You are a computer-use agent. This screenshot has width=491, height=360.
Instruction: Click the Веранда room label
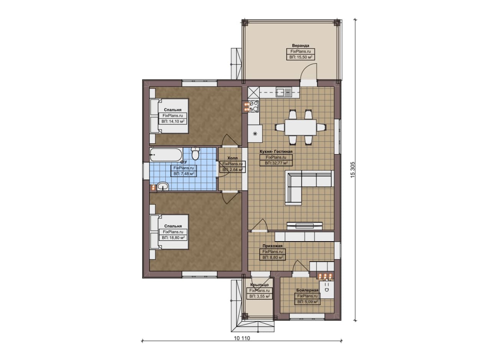(300, 46)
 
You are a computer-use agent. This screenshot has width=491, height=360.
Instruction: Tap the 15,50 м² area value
(303, 57)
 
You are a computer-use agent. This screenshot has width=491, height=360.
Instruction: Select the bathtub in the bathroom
(166, 155)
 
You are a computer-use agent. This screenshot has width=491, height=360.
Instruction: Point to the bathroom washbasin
(163, 186)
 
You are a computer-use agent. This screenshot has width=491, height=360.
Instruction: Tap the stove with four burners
(254, 106)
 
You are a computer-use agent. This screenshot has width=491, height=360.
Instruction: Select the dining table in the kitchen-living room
(300, 127)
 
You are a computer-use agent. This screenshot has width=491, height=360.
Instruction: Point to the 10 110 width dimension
(242, 338)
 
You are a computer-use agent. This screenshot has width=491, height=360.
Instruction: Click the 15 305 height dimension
(353, 170)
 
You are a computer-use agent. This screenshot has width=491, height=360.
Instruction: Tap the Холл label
(232, 158)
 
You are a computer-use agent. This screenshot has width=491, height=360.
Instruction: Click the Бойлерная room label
(307, 290)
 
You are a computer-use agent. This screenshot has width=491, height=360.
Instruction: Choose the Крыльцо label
(260, 285)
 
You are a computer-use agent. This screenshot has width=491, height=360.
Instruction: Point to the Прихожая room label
(272, 246)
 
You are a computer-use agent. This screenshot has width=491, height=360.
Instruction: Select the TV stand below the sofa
(305, 226)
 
